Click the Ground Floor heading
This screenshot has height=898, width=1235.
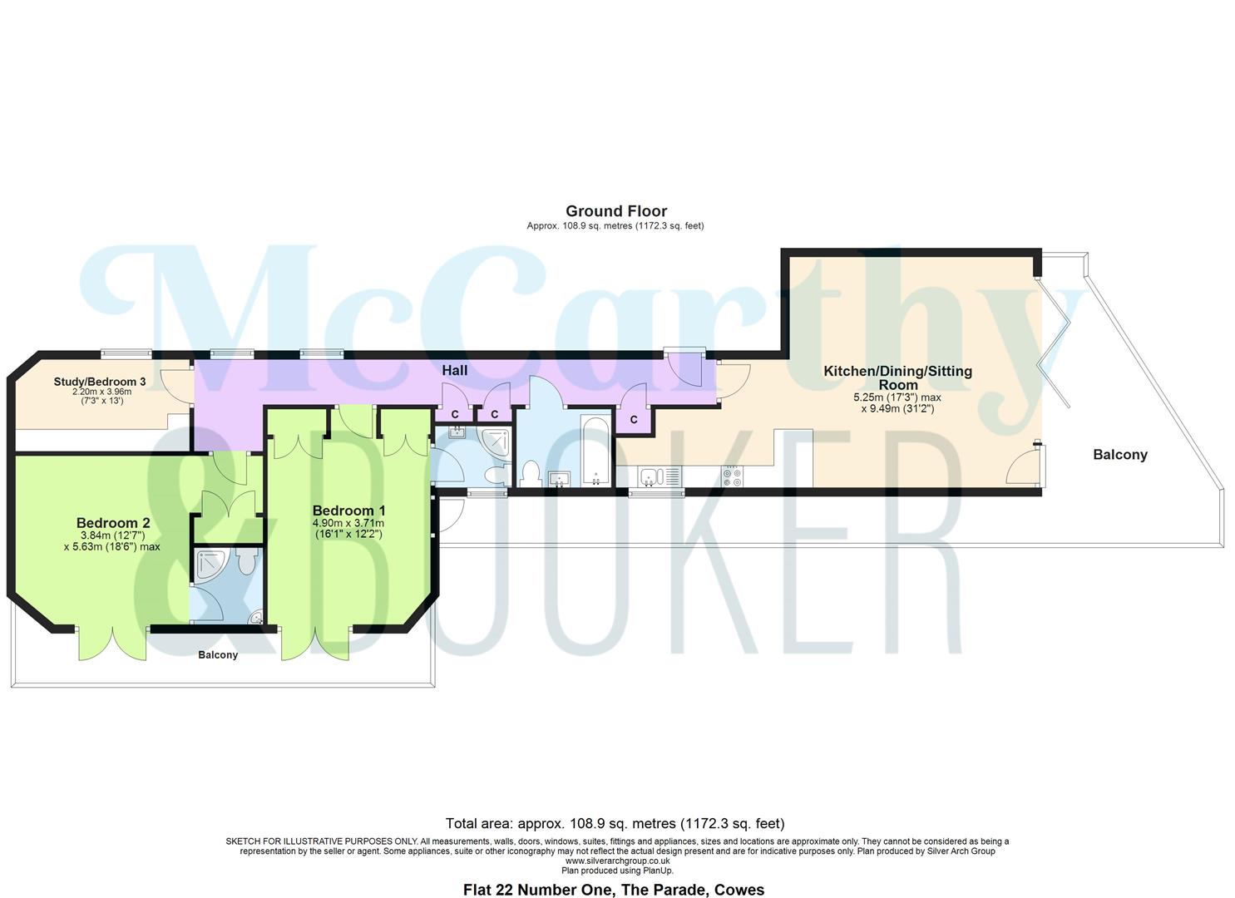click(615, 211)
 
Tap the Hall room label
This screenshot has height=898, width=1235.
click(454, 371)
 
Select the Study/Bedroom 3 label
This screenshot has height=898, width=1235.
click(100, 382)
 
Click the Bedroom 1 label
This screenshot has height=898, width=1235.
click(348, 511)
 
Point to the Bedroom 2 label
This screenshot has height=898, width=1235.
click(113, 523)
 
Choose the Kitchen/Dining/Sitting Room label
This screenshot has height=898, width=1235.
click(897, 377)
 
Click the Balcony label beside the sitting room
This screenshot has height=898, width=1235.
click(1119, 455)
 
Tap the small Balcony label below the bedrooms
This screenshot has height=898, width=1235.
click(218, 655)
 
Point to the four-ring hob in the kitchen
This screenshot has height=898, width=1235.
click(733, 476)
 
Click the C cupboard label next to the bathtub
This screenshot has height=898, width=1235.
click(634, 420)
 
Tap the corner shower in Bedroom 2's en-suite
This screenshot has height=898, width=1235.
click(208, 565)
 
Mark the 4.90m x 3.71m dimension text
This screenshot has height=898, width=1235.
click(348, 523)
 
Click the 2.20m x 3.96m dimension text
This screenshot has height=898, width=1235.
click(101, 392)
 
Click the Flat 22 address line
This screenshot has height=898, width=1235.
click(613, 890)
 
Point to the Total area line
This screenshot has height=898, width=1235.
click(615, 824)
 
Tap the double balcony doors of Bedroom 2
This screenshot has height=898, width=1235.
click(112, 642)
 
